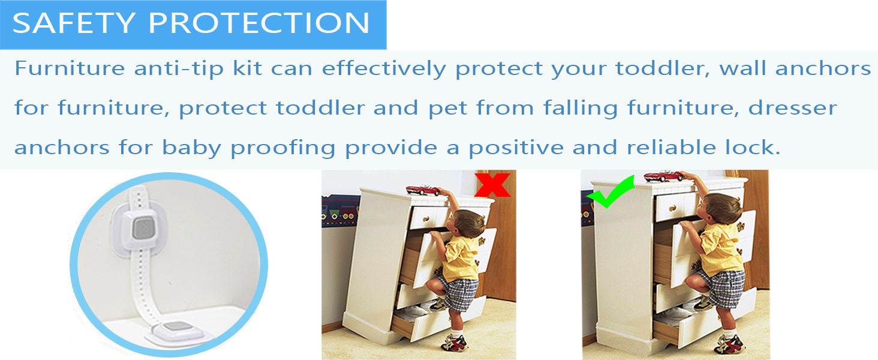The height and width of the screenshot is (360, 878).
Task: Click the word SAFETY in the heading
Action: (x=74, y=23)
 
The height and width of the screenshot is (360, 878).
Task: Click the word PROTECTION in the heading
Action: (x=258, y=23)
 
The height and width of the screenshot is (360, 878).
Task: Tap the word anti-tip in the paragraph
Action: (x=199, y=68)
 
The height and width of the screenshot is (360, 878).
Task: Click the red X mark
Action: (x=492, y=184)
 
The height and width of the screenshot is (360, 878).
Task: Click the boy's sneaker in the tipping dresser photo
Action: (x=455, y=343)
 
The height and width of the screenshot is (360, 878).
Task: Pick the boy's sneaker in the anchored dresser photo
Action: (x=729, y=343)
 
